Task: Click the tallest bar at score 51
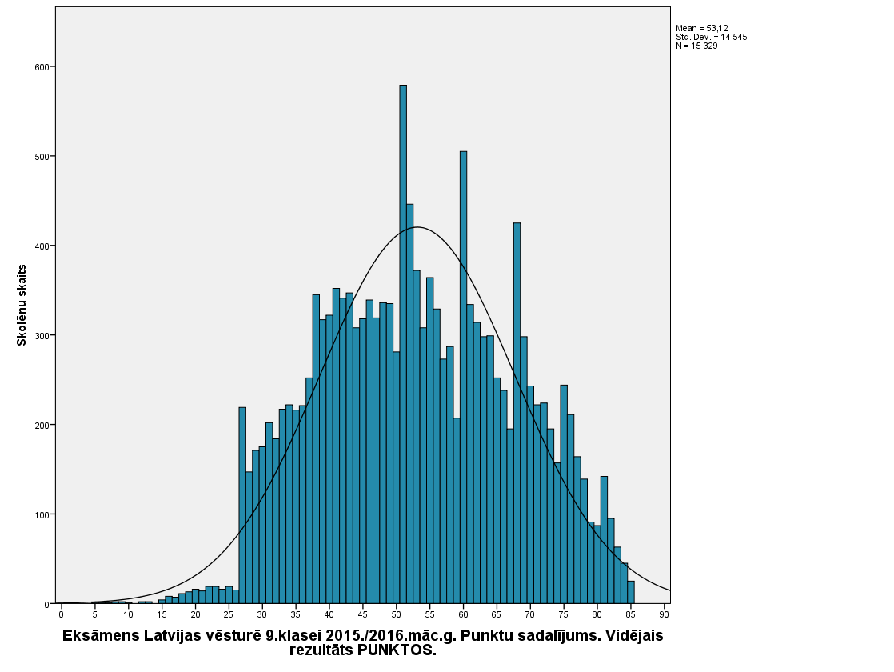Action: [403, 344]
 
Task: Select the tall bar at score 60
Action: [463, 377]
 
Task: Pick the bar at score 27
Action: [242, 505]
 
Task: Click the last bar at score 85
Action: [631, 592]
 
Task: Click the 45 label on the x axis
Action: [362, 615]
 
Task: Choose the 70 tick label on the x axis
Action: [530, 615]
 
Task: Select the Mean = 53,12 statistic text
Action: [702, 28]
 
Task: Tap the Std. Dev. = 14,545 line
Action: [712, 37]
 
